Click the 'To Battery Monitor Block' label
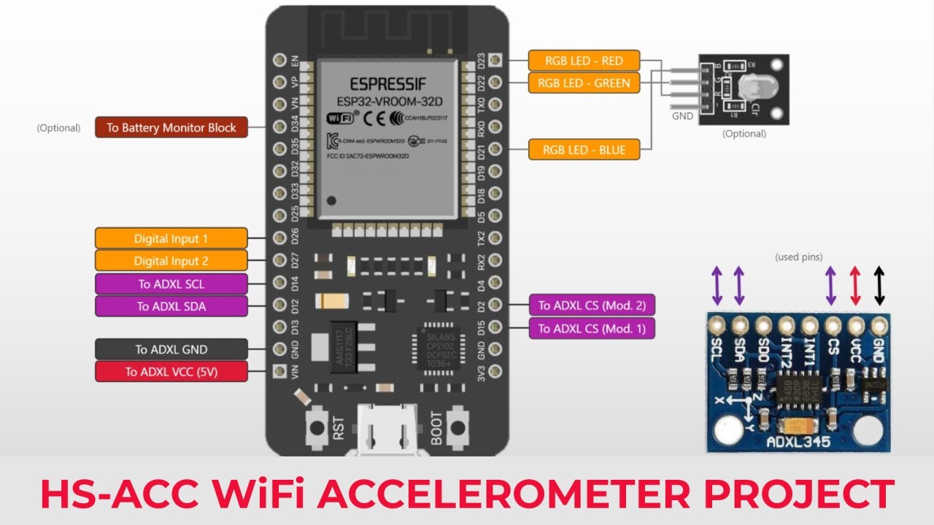coord(171,128)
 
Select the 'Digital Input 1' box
coord(171,238)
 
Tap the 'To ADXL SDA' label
coord(171,306)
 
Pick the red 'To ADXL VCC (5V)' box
coord(171,372)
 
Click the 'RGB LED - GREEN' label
coord(584,83)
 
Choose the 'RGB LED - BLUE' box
coord(584,150)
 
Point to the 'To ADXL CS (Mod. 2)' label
coord(592,306)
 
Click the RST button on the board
coord(318,426)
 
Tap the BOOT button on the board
coord(457,426)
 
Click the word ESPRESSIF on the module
coord(387,82)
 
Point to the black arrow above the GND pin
coord(879,285)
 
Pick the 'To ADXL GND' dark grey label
coord(171,349)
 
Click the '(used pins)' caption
coord(798,257)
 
